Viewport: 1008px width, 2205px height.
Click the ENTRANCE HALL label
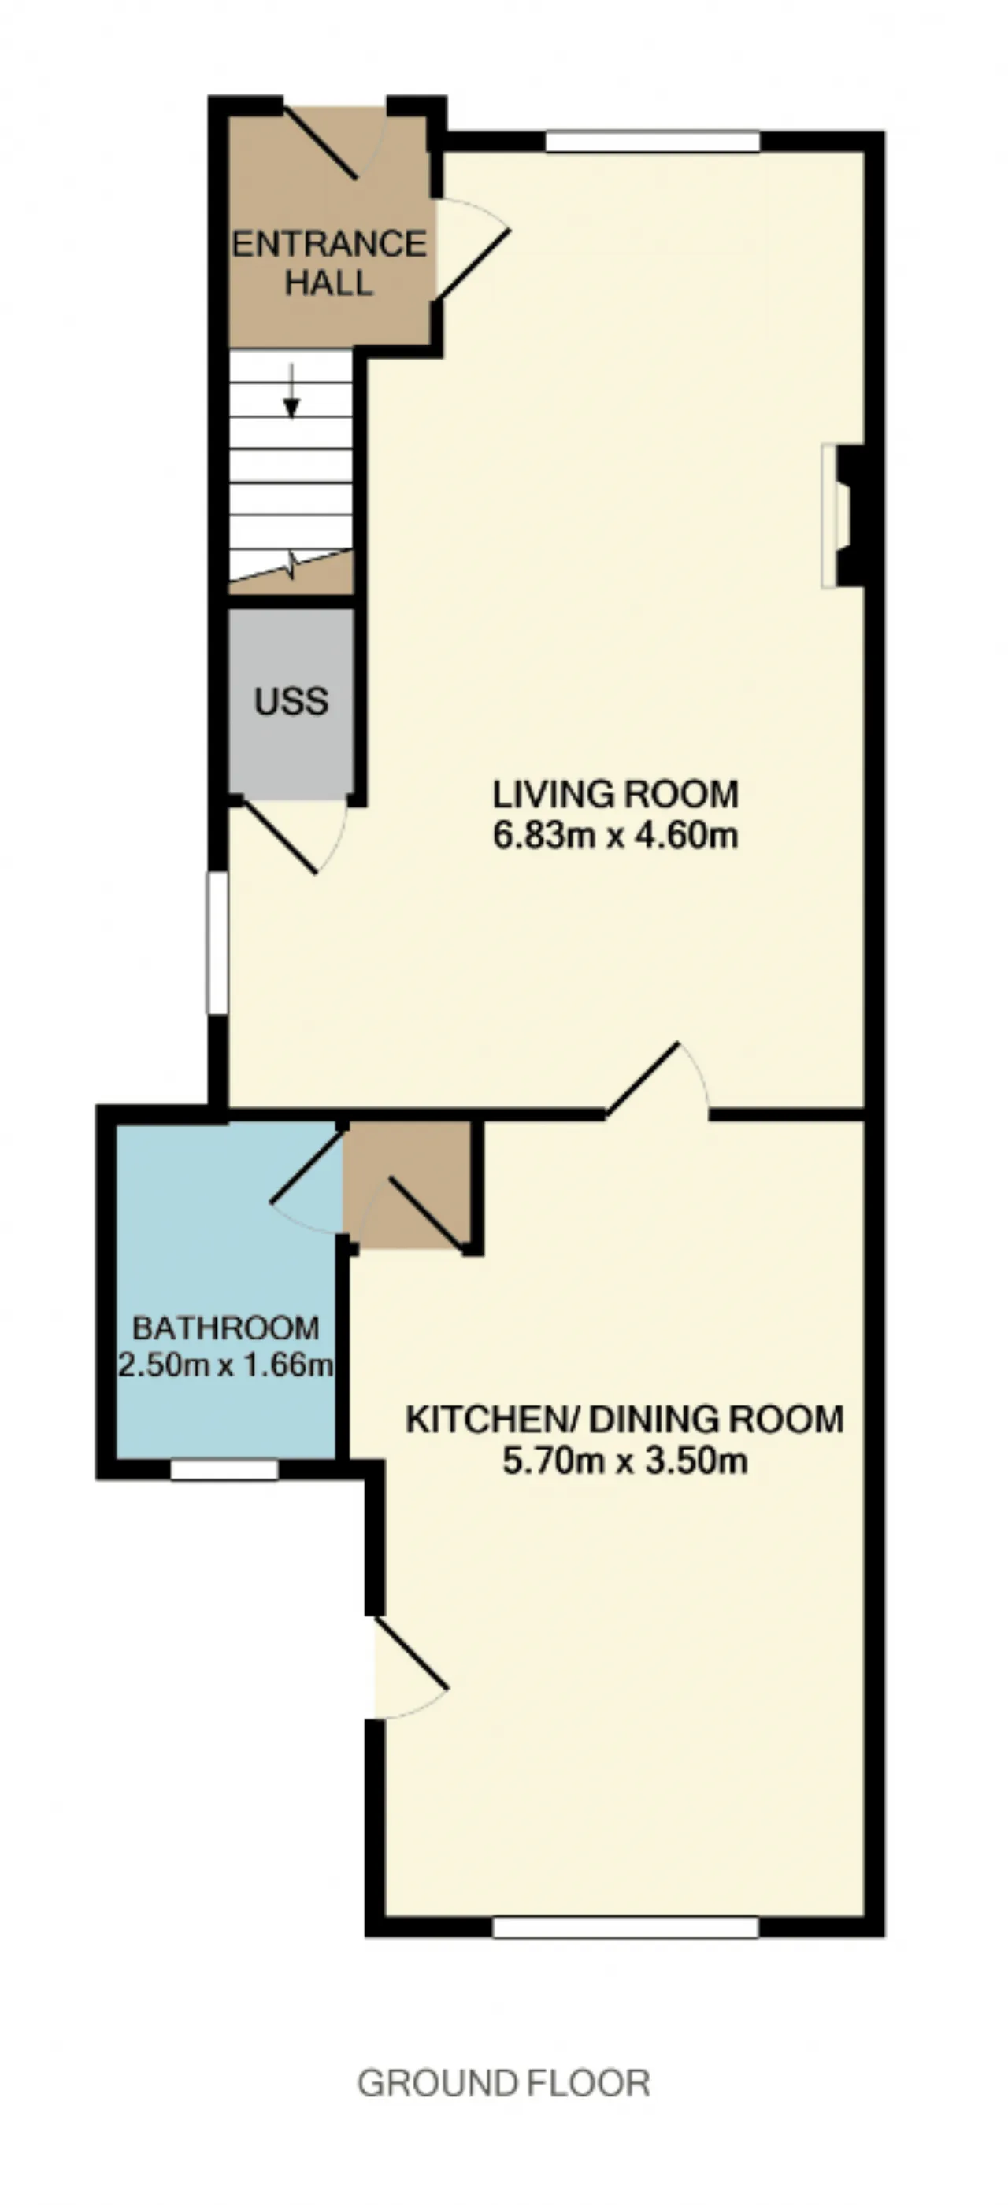click(x=330, y=263)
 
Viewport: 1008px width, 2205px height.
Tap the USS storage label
click(x=291, y=701)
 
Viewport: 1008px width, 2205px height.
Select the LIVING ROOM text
click(x=615, y=794)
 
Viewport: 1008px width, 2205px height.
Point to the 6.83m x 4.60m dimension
click(x=615, y=835)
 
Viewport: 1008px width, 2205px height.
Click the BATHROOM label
click(x=226, y=1328)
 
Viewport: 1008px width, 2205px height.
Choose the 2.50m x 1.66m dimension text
click(x=225, y=1364)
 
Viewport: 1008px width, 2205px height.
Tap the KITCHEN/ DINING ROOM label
click(x=624, y=1419)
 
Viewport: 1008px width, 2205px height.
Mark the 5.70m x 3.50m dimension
click(x=624, y=1461)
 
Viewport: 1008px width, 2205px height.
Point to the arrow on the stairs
click(x=292, y=391)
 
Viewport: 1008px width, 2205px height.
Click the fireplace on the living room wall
click(x=843, y=515)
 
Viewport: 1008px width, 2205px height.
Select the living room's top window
click(x=653, y=141)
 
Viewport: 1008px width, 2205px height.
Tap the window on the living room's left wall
click(x=217, y=944)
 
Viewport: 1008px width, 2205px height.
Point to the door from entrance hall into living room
click(x=472, y=250)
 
